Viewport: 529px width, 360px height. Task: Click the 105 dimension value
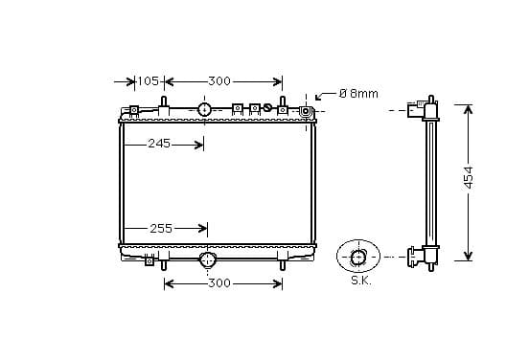coord(149,81)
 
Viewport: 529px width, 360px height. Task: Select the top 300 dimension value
coord(219,81)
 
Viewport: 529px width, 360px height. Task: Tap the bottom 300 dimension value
coord(219,283)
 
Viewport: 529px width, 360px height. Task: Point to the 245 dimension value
coord(159,144)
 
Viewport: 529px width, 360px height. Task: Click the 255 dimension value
coord(161,229)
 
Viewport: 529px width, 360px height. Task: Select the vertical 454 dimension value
coord(469,177)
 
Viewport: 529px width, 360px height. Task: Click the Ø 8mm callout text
coord(358,94)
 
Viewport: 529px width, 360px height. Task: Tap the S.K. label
coord(361,281)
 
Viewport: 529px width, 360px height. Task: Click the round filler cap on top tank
coord(204,109)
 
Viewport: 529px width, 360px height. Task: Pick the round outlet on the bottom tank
coord(207,259)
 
